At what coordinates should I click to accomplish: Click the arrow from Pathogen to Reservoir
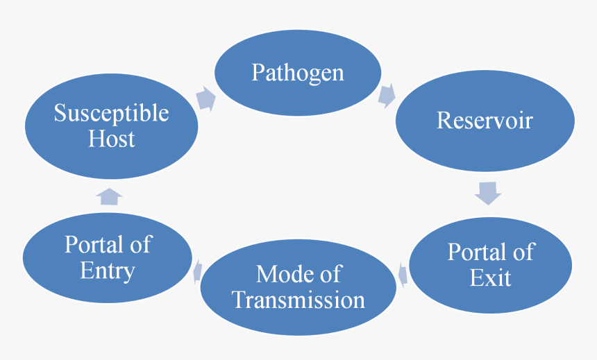(387, 95)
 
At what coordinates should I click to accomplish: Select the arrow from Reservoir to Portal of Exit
(487, 192)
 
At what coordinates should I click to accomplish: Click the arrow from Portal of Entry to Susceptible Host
(109, 196)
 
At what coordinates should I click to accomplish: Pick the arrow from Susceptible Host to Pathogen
(205, 98)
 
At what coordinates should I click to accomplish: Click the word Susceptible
(111, 113)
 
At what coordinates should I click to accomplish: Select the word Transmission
(298, 300)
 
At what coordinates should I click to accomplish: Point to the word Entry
(108, 271)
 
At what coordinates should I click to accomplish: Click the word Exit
(490, 277)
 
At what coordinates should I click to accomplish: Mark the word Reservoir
(485, 120)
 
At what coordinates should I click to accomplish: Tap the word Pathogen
(298, 72)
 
